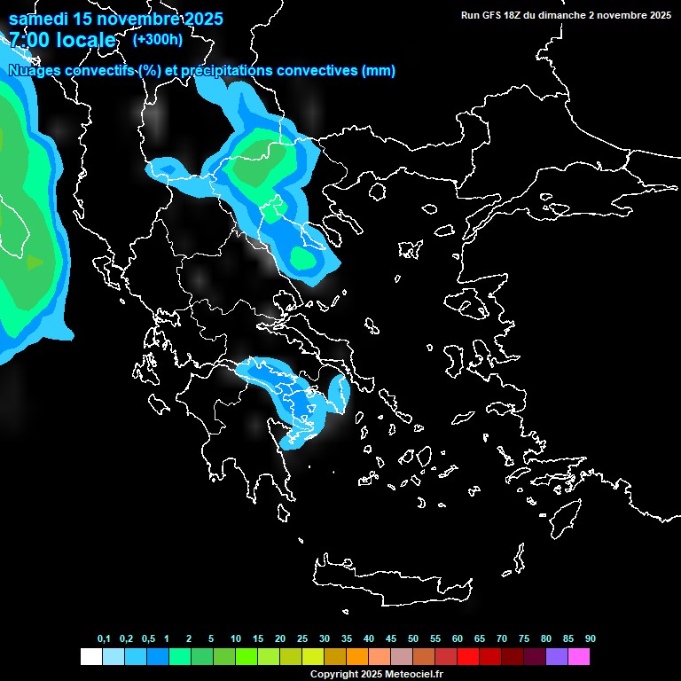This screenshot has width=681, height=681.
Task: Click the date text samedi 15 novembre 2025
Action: click(x=115, y=19)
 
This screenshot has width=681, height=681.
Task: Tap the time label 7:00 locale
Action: click(x=62, y=40)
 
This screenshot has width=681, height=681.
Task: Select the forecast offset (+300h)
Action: click(x=157, y=39)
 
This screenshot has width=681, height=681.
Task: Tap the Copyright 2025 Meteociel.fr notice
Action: click(x=376, y=674)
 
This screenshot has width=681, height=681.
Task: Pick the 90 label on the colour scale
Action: click(x=590, y=638)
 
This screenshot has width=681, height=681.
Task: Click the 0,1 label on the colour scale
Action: click(x=104, y=638)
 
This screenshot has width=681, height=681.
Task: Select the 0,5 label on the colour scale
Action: click(x=148, y=638)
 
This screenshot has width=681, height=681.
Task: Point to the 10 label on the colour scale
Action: click(x=235, y=638)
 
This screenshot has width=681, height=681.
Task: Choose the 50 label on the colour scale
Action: click(x=413, y=638)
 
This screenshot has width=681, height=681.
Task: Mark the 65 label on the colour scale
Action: click(x=480, y=638)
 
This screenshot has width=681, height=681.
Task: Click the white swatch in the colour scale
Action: click(x=90, y=656)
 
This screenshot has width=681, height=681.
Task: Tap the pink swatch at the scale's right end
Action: click(x=578, y=656)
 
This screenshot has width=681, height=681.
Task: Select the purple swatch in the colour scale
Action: click(x=556, y=656)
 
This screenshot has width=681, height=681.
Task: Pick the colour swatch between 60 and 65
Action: click(x=467, y=656)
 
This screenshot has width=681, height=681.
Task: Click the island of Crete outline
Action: click(x=390, y=581)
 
